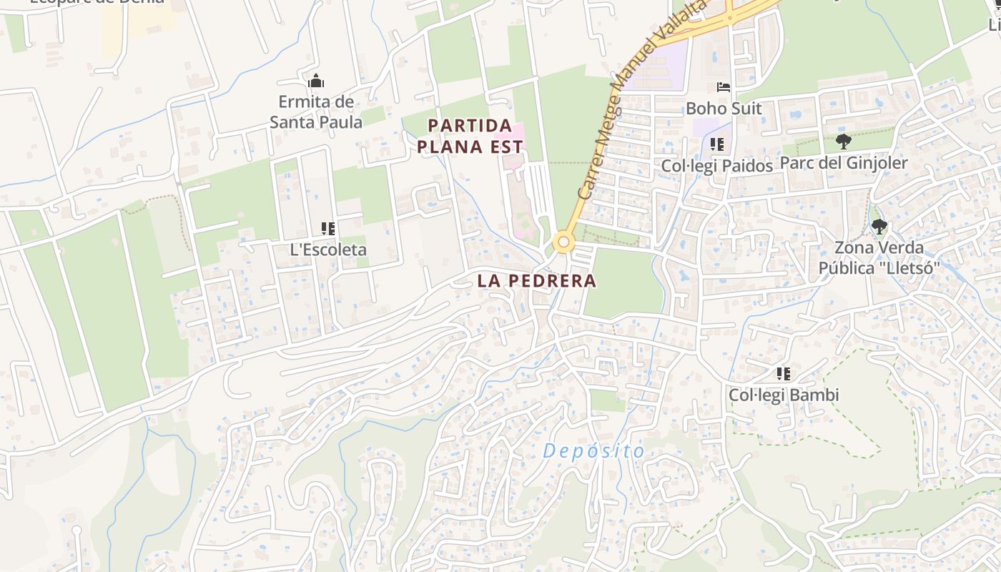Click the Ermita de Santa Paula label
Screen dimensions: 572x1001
point(315,112)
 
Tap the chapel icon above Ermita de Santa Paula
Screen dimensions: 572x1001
point(315,82)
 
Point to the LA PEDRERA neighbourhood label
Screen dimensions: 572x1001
point(536,281)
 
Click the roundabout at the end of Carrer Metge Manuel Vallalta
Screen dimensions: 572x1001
point(564,242)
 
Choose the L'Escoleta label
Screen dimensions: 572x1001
point(328,250)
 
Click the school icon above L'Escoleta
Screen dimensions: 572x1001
point(328,229)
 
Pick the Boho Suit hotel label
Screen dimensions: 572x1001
point(724,109)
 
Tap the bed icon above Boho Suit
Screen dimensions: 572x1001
point(724,87)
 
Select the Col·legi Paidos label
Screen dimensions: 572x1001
point(717,166)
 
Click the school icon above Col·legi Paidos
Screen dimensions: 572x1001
point(717,144)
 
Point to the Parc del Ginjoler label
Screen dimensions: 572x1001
point(844,163)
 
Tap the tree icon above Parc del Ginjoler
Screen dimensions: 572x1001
point(844,142)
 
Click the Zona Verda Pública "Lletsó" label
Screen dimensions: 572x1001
point(879,258)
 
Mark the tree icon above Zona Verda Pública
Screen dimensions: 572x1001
point(879,227)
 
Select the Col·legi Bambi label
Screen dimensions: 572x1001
point(784,395)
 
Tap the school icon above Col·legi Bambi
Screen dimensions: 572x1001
point(784,374)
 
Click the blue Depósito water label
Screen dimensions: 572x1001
point(594,451)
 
